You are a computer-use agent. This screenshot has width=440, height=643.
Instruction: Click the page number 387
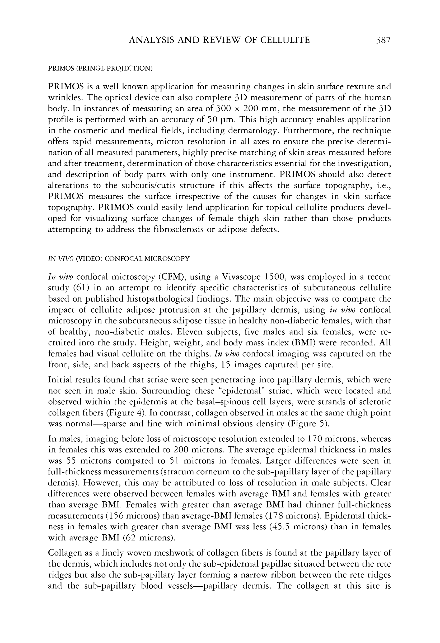tap(383, 40)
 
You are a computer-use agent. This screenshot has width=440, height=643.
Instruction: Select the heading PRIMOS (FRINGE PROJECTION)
tap(100, 68)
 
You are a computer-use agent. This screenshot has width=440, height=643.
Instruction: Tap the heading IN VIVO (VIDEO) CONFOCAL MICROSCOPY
tap(119, 259)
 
